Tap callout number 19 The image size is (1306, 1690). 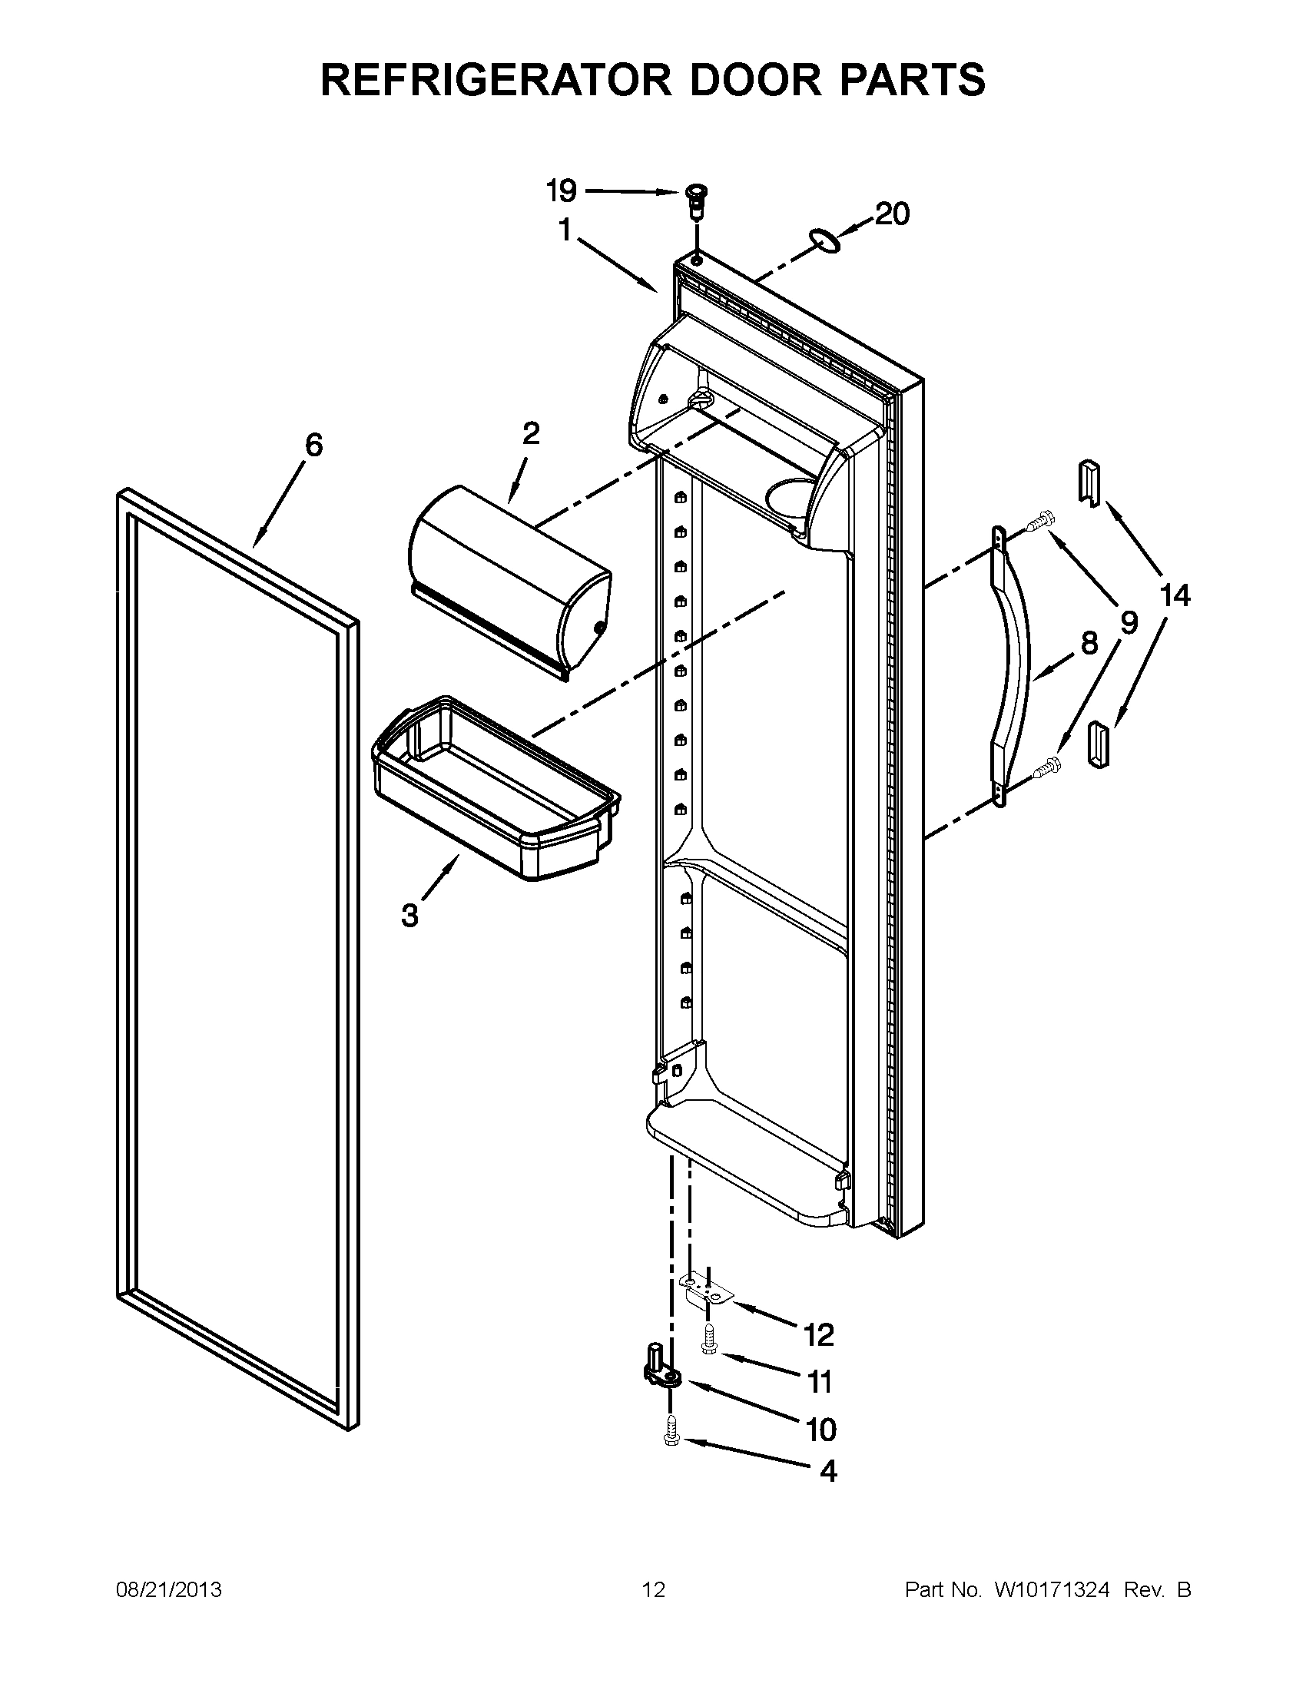(562, 190)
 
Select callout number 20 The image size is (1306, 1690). (892, 214)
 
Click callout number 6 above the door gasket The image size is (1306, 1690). (313, 445)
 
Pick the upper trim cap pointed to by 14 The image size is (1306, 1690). (1088, 484)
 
